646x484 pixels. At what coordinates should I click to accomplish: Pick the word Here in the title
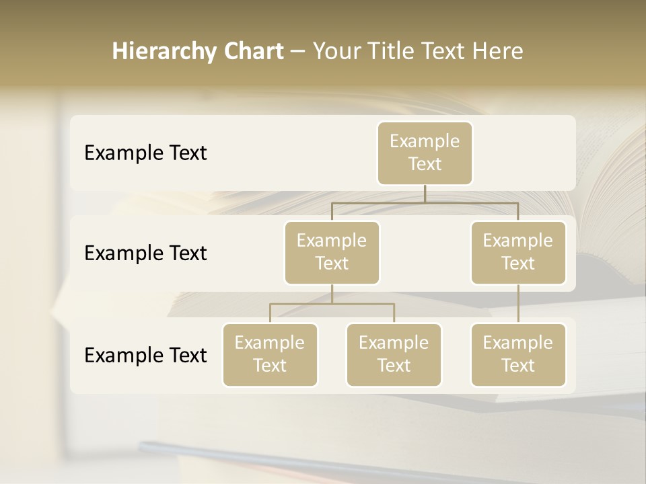[498, 52]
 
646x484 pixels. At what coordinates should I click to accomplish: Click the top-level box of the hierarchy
[425, 153]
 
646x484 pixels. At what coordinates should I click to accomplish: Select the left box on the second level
[332, 252]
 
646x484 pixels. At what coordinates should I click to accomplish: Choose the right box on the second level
[518, 252]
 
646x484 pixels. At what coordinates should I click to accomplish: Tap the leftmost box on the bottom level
[270, 354]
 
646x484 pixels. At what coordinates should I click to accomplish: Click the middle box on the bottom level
[394, 354]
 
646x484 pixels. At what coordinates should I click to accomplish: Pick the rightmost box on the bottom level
[518, 354]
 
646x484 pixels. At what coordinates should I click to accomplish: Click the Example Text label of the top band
[145, 153]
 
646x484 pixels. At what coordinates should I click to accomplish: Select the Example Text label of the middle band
[145, 253]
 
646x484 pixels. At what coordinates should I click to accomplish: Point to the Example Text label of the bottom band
[145, 356]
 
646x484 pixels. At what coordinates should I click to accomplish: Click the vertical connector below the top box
[425, 194]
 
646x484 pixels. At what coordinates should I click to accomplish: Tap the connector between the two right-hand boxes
[518, 304]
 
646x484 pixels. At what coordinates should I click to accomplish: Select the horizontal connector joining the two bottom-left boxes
[332, 304]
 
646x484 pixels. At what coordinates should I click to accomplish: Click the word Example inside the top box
[425, 141]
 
